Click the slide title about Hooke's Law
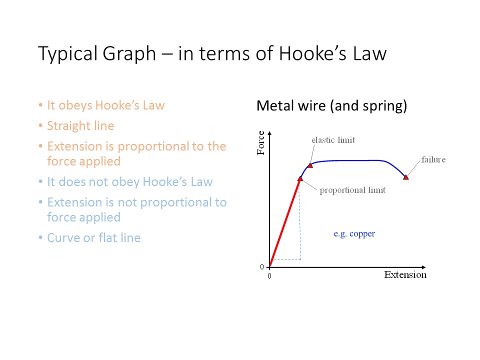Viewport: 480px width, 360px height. click(212, 53)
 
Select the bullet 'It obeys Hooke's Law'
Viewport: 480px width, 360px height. click(105, 105)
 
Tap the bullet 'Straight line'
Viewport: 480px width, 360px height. click(80, 126)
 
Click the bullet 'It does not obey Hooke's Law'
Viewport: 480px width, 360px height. click(129, 181)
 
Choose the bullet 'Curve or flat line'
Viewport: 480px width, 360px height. click(93, 237)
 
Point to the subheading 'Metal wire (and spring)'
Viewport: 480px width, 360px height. click(331, 106)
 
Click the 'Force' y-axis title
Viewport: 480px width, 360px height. click(260, 142)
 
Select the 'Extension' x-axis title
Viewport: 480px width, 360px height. click(405, 274)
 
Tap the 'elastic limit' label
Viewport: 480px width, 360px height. click(333, 140)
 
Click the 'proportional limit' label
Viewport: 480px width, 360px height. click(352, 190)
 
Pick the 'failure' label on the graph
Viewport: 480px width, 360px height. click(433, 159)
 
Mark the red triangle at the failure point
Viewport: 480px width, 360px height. click(406, 177)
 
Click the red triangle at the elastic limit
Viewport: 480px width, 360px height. click(310, 165)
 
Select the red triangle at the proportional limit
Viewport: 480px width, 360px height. click(300, 178)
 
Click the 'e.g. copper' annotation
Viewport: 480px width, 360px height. click(354, 233)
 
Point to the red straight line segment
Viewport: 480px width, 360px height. click(285, 222)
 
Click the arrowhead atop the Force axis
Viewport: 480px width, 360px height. click(270, 133)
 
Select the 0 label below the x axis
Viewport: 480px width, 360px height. click(269, 275)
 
